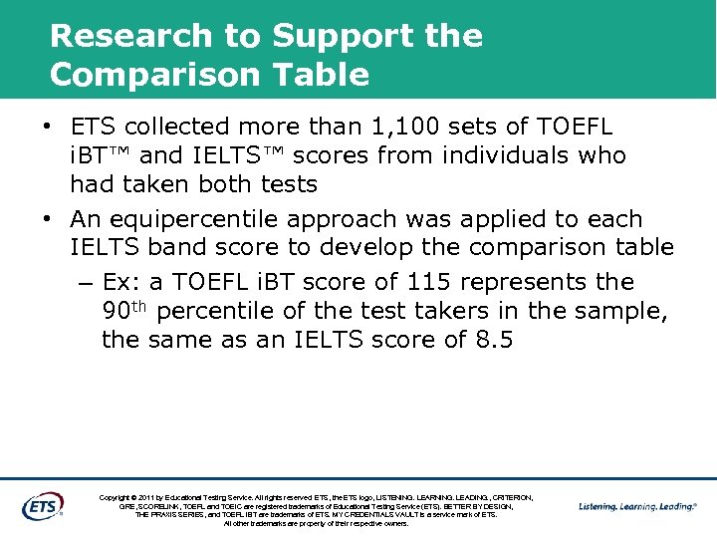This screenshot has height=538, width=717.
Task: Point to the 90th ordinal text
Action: (124, 310)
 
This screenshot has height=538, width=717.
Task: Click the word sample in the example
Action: (623, 310)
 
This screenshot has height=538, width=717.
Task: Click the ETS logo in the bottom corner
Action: (42, 506)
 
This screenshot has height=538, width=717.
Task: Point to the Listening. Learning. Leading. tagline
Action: (637, 506)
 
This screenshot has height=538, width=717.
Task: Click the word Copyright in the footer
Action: (118, 496)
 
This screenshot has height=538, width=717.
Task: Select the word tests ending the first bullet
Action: (288, 184)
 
